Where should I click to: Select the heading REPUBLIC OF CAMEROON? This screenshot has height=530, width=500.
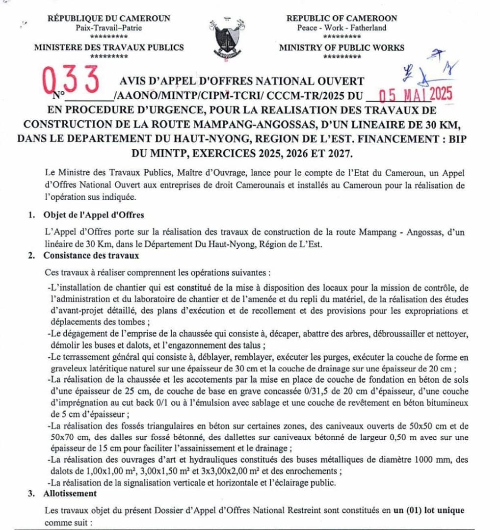342,18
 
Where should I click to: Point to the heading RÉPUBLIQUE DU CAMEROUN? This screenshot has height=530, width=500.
109,18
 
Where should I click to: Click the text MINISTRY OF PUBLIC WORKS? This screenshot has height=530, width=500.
342,48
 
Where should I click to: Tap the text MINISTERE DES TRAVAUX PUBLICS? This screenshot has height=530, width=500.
109,48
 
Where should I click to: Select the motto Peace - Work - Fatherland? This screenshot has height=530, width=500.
342,28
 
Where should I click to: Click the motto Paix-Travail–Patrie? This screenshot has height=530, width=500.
109,28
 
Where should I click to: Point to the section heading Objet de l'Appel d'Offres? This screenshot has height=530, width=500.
93,215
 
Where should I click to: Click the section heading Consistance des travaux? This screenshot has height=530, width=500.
91,255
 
